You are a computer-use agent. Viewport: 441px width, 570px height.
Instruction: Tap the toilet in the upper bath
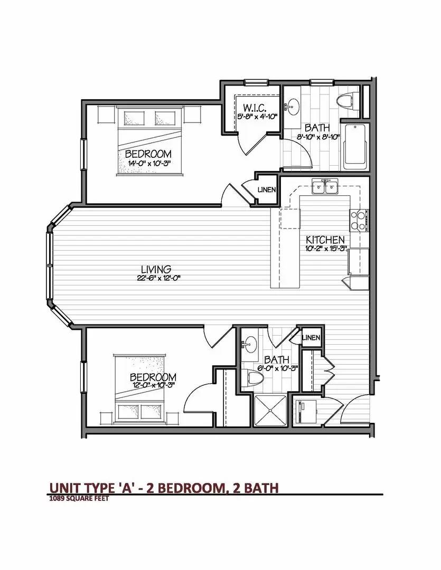(346, 100)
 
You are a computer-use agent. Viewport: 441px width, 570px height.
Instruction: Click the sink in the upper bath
(293, 107)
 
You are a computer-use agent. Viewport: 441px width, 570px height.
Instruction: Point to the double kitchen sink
(325, 187)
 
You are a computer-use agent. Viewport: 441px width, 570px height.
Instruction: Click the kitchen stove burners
(359, 221)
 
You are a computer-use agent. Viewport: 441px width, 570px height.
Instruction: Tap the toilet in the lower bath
(256, 377)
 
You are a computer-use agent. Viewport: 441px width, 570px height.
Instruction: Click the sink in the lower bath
(250, 344)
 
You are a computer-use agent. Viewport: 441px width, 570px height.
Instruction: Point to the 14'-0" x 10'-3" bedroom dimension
(148, 163)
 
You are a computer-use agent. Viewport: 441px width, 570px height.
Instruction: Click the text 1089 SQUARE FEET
(79, 498)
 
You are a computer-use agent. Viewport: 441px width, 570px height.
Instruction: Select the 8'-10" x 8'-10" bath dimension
(318, 136)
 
